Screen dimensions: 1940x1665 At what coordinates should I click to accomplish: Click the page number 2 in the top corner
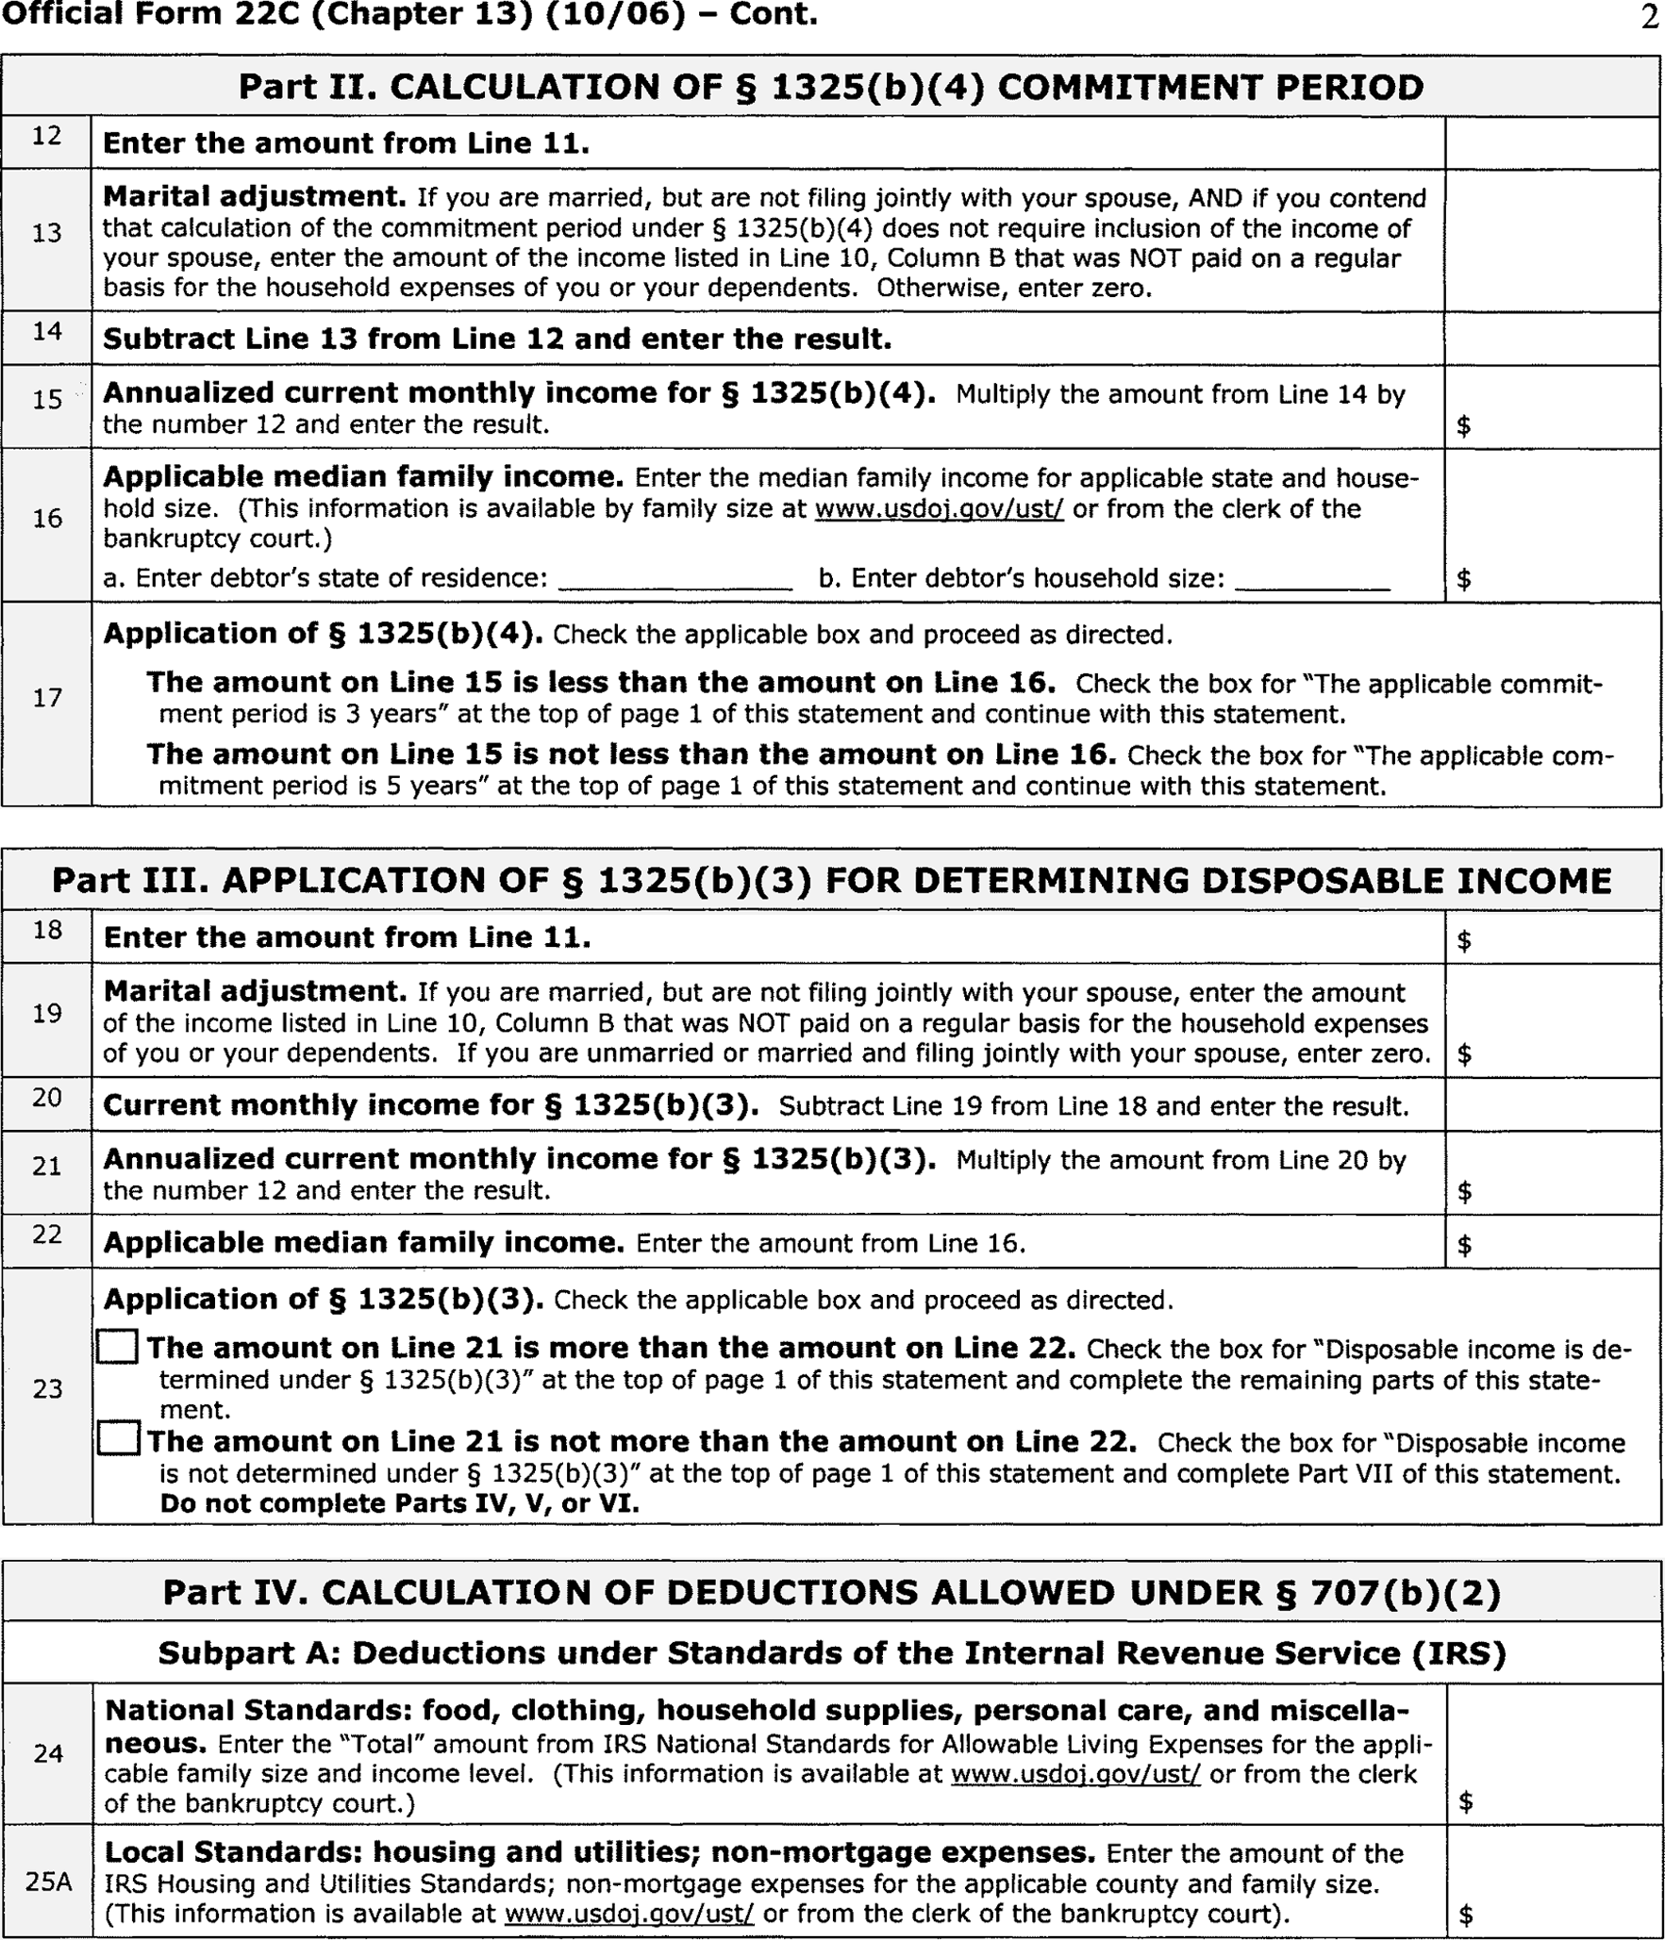coord(1649,18)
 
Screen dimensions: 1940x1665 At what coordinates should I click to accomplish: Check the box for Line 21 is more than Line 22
coord(118,1347)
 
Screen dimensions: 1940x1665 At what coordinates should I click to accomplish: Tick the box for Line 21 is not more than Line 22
coord(118,1439)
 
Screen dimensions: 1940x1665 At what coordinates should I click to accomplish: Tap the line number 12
coord(46,137)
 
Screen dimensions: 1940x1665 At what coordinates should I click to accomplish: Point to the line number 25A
coord(48,1882)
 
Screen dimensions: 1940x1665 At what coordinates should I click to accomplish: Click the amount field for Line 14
coord(1552,339)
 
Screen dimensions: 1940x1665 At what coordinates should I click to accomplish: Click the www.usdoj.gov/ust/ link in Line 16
coord(939,509)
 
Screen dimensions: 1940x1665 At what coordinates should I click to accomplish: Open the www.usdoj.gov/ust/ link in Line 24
coord(1075,1774)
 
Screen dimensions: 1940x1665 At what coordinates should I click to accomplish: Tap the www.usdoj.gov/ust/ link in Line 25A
coord(629,1914)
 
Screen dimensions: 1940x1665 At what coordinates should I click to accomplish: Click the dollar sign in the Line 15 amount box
coord(1463,425)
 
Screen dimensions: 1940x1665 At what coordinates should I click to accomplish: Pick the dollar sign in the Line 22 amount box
coord(1464,1245)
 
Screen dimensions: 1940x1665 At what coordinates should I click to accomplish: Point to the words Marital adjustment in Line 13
coord(254,197)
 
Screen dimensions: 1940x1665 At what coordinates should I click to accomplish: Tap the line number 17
coord(47,698)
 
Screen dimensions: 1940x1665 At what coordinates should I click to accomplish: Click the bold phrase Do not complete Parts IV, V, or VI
coord(399,1503)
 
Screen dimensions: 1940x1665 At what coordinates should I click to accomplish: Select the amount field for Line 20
coord(1552,1104)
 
